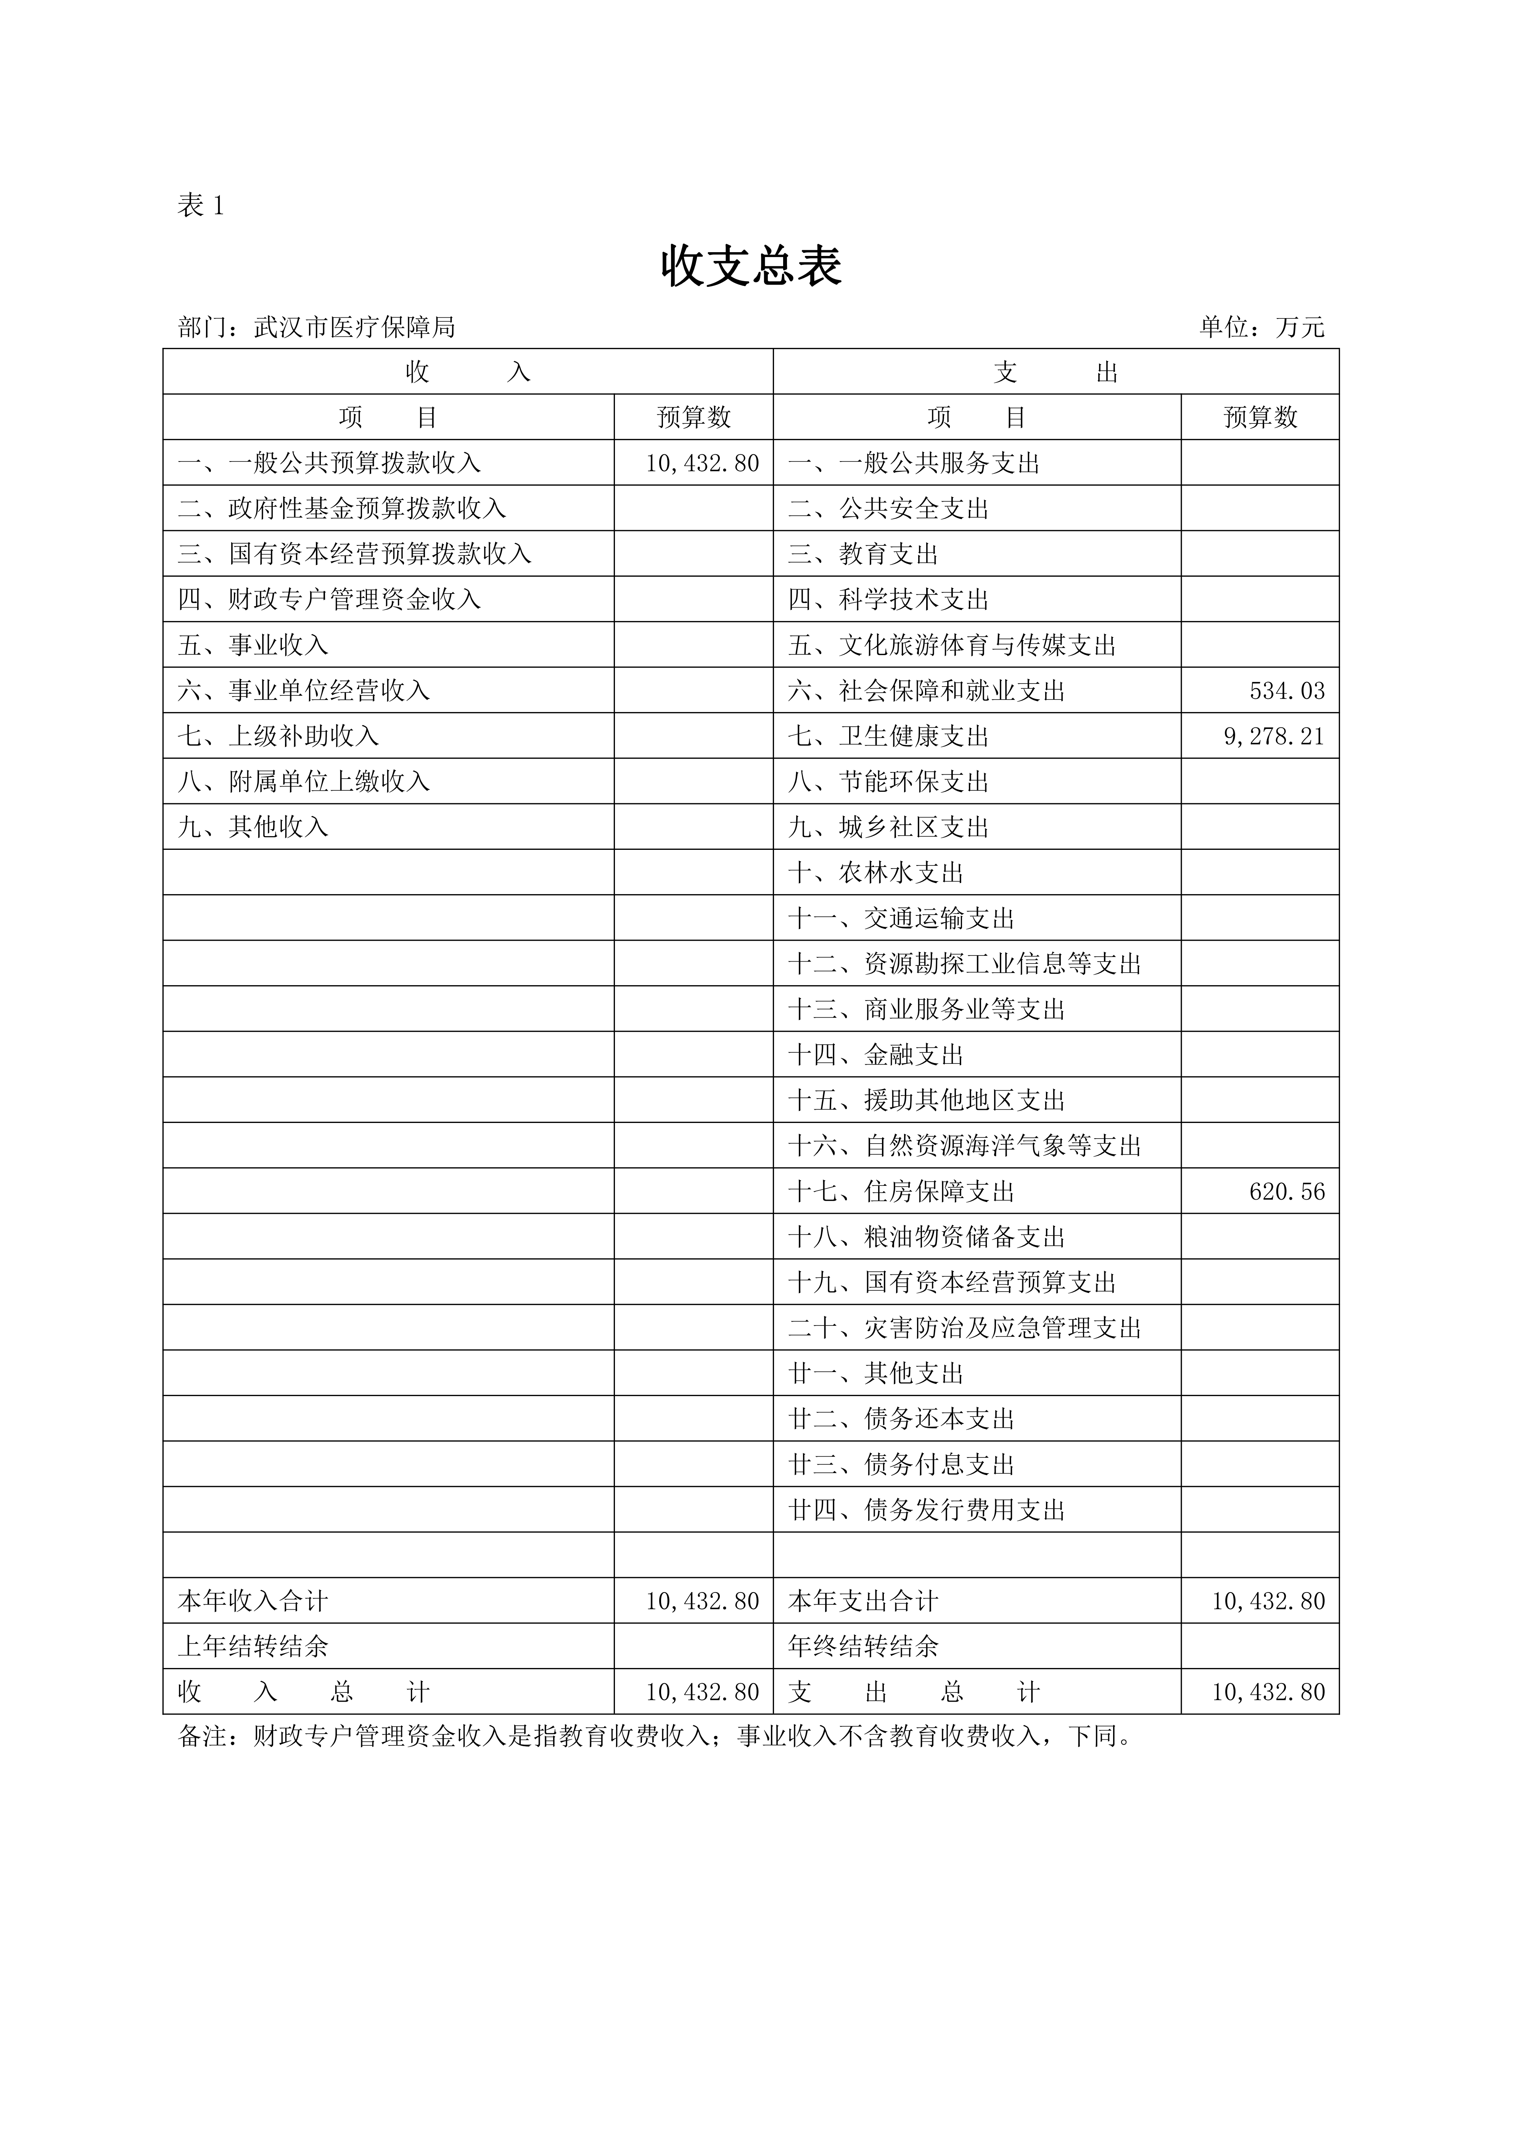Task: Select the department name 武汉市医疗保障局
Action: coord(354,327)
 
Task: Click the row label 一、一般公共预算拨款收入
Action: coord(329,463)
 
